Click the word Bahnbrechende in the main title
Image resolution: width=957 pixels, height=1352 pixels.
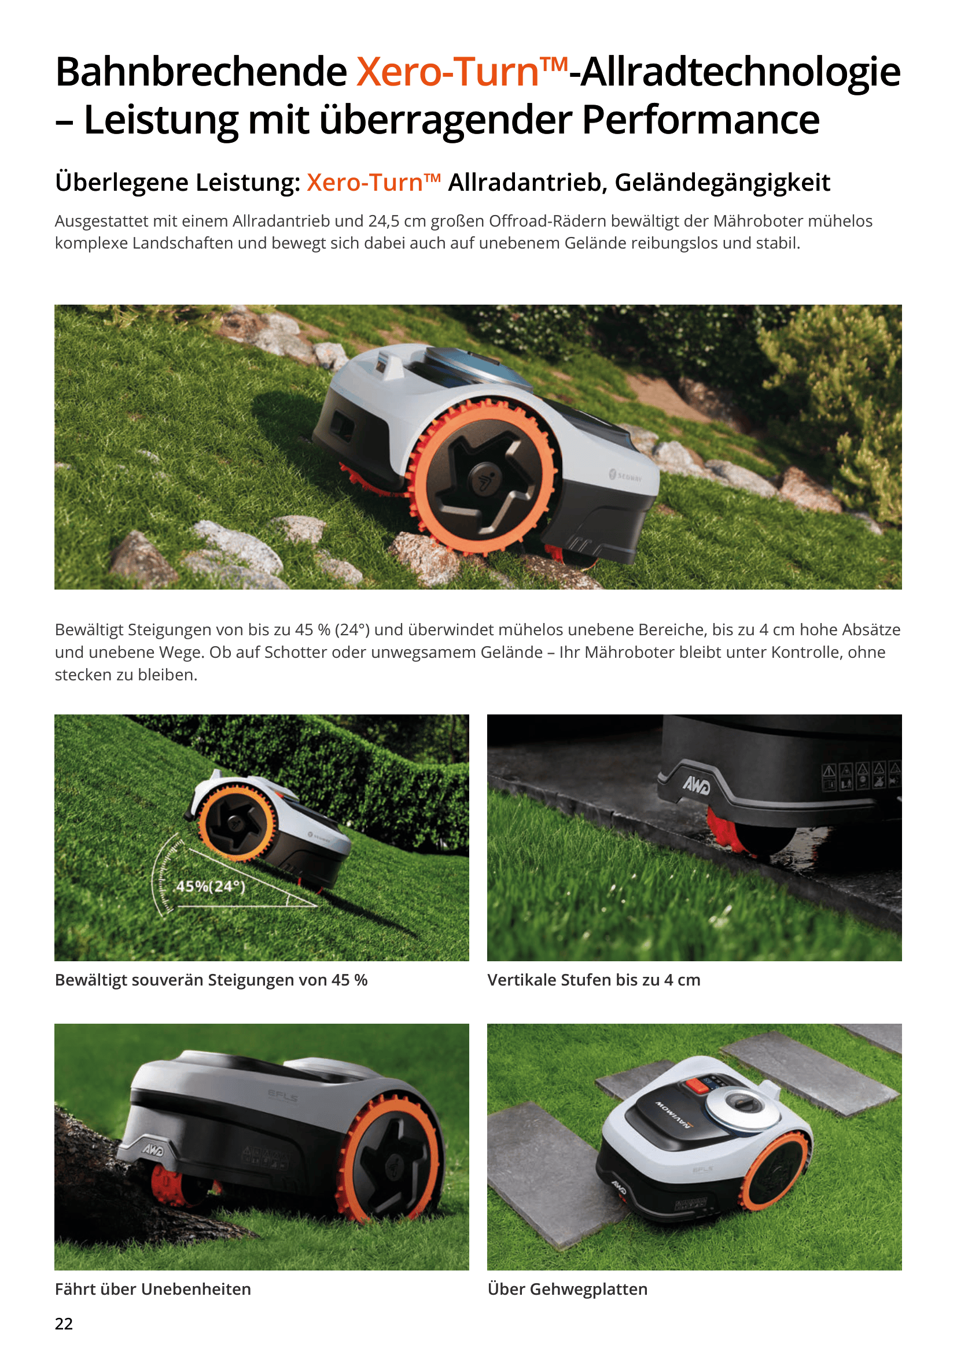click(201, 72)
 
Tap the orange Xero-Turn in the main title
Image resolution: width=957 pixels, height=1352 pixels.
click(448, 72)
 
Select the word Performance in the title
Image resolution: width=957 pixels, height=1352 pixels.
click(701, 120)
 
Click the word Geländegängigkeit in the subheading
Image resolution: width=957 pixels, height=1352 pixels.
click(723, 183)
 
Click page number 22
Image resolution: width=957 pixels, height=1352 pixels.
click(64, 1324)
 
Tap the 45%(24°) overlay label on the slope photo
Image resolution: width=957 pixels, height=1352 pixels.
click(211, 886)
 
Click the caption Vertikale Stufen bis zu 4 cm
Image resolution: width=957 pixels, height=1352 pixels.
click(594, 980)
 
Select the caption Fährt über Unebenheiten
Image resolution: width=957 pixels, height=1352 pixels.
click(153, 1289)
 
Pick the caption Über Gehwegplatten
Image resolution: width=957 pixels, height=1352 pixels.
click(568, 1289)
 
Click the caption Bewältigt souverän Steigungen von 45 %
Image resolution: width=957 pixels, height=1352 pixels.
click(211, 980)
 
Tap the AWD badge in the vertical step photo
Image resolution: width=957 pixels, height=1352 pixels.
click(696, 785)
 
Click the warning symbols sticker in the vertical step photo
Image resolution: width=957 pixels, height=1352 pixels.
click(861, 776)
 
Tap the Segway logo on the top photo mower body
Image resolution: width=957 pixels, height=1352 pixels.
click(625, 475)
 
